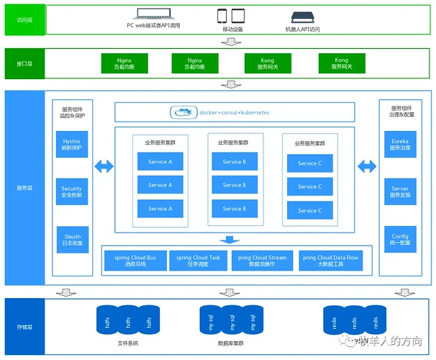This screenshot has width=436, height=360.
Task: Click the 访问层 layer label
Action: click(x=24, y=19)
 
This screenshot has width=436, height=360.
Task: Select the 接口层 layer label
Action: click(x=24, y=63)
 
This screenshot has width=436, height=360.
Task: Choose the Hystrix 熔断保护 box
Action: click(x=72, y=144)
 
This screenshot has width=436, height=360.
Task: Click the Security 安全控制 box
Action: click(x=72, y=192)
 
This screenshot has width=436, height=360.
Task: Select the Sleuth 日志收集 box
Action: click(x=72, y=240)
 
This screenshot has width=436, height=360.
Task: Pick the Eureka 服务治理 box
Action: click(x=400, y=144)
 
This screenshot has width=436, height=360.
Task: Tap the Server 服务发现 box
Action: click(x=400, y=192)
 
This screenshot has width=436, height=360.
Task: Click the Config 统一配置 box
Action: click(x=400, y=240)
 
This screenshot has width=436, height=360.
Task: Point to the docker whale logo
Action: click(x=183, y=112)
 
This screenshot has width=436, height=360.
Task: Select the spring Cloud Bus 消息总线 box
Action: click(x=135, y=260)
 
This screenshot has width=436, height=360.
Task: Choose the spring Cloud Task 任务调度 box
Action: click(x=199, y=260)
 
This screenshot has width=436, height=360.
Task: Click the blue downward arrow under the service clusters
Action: click(x=229, y=239)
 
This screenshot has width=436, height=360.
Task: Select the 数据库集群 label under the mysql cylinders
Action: click(x=232, y=343)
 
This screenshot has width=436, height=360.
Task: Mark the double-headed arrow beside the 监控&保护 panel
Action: click(x=104, y=167)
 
